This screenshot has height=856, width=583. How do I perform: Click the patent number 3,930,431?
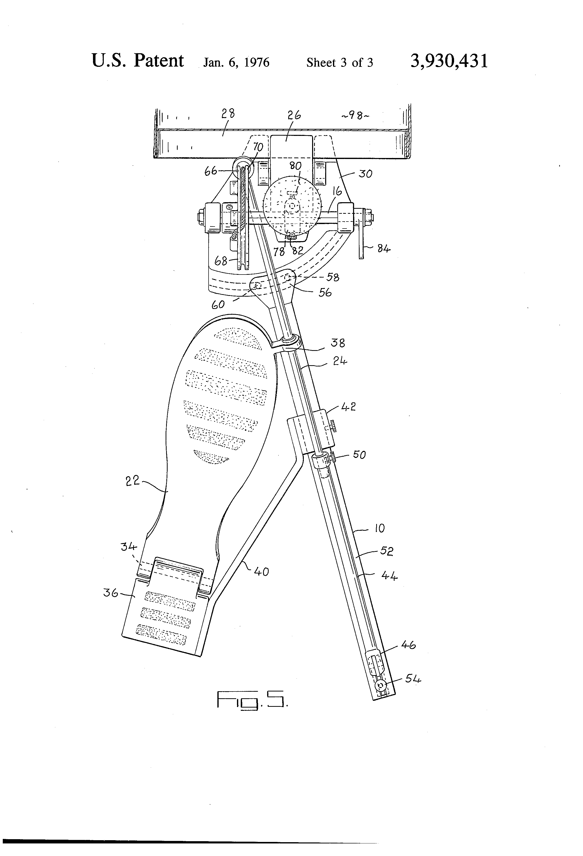coord(449,61)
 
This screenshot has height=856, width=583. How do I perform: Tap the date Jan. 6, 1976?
coord(236,62)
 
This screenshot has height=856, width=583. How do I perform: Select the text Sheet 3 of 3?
coord(339,63)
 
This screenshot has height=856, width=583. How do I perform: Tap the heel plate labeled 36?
coord(162,619)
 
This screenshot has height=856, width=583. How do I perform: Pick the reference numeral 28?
coord(228,114)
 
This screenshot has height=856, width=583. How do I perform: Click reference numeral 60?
coord(218,304)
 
